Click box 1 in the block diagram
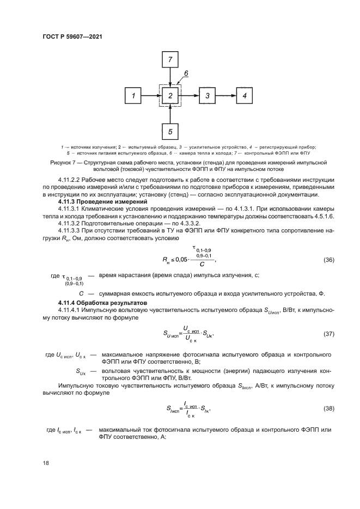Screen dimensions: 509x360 click(x=133, y=96)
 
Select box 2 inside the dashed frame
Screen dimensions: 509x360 click(x=170, y=96)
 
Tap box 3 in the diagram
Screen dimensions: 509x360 click(x=208, y=96)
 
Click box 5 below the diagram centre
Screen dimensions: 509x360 click(x=170, y=132)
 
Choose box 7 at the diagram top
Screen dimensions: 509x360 click(x=170, y=59)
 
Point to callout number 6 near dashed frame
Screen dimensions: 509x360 click(x=186, y=72)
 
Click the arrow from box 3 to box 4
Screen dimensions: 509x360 click(x=226, y=96)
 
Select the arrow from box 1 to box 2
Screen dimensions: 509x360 click(x=151, y=96)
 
